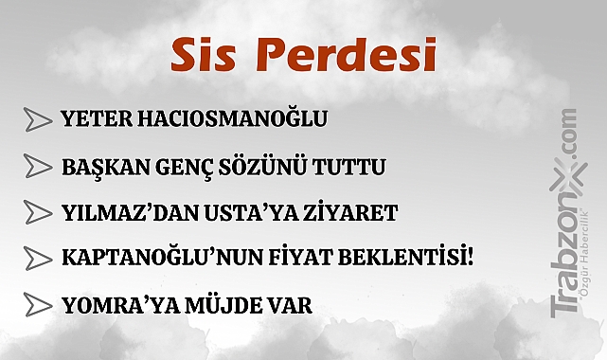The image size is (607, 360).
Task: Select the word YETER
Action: coord(90,119)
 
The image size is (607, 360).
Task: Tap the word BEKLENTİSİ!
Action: coord(400,257)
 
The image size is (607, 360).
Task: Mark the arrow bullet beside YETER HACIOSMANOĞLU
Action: coord(37,120)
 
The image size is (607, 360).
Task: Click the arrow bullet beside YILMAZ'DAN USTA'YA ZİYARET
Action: coord(37,211)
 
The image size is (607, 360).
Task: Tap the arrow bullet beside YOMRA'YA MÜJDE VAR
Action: coord(37,305)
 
